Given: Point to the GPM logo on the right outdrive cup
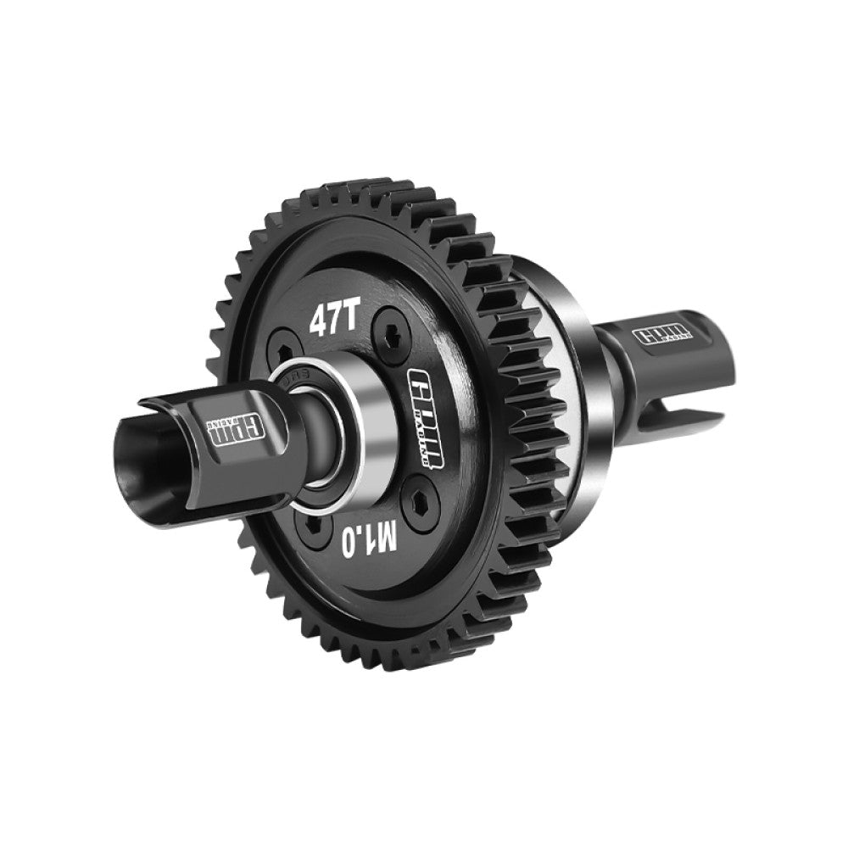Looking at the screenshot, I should tap(666, 333).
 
